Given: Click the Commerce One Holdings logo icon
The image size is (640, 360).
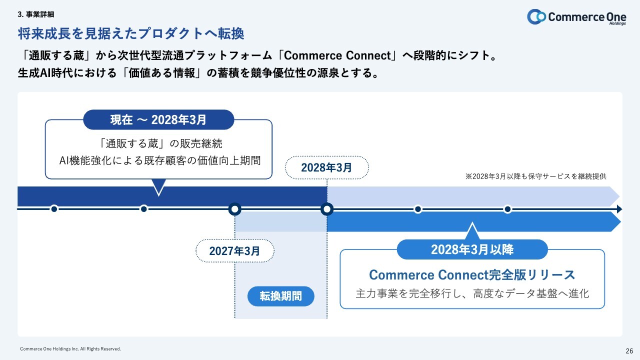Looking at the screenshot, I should [x=536, y=16].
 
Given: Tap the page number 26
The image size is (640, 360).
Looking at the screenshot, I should [x=629, y=350].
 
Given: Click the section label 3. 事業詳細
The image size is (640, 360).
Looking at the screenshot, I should [x=35, y=14].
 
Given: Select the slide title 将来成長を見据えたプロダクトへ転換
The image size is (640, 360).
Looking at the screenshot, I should [x=130, y=33].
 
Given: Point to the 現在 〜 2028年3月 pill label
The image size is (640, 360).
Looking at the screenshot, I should [x=158, y=120].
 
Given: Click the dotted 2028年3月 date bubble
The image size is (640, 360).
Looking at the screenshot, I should [x=326, y=168].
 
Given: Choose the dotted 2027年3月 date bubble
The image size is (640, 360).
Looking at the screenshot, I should [x=234, y=251].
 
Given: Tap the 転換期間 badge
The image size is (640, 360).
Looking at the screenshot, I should [x=280, y=296].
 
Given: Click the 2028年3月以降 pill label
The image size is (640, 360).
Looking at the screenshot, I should [x=472, y=249].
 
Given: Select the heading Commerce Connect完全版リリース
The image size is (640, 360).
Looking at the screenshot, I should [x=472, y=274].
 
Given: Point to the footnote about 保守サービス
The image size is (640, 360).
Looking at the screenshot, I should [x=535, y=176].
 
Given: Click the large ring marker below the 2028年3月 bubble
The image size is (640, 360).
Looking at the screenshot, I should [x=326, y=209].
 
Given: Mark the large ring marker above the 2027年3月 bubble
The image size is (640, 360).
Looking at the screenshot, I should [x=234, y=209].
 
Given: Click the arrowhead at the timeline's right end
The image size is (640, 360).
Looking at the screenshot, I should [x=619, y=209].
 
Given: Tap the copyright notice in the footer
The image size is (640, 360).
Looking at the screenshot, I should [x=70, y=348].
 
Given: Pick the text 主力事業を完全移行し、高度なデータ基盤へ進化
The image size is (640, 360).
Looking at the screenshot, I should [x=472, y=293].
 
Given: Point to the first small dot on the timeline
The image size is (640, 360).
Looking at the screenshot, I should [x=54, y=209].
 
